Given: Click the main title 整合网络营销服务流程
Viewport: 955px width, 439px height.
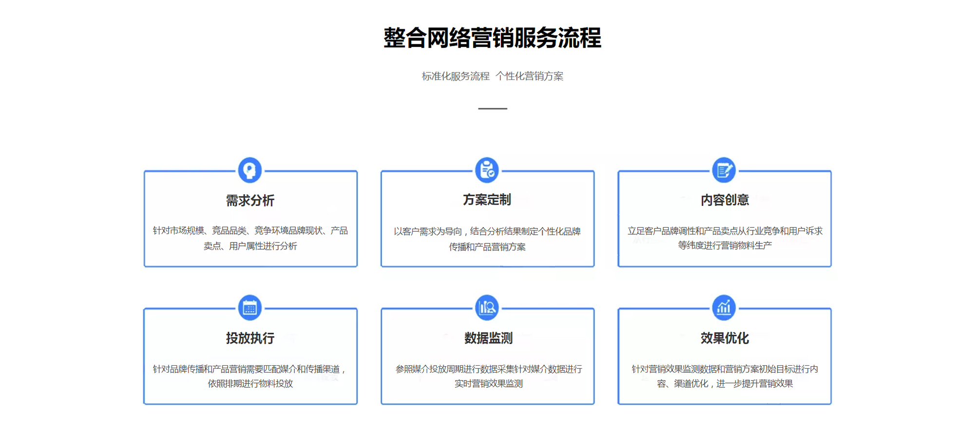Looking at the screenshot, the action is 492,38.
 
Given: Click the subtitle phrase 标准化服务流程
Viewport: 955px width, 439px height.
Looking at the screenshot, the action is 456,76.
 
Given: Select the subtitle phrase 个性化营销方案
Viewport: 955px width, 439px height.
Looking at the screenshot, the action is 530,76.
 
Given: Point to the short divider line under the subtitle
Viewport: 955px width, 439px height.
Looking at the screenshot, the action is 493,108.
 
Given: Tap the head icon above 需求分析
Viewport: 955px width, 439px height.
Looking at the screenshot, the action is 250,170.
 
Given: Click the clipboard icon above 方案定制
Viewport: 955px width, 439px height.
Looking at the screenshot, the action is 487,170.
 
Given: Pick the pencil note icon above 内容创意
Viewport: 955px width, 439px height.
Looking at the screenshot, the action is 724,170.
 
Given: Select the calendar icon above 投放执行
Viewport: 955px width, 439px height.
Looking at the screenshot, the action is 250,308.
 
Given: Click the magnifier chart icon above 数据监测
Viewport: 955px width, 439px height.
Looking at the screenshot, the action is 487,308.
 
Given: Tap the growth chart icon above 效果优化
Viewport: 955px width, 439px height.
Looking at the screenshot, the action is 724,308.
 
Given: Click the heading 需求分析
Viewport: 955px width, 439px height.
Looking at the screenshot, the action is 250,200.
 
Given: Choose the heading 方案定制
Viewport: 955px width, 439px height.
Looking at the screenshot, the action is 487,200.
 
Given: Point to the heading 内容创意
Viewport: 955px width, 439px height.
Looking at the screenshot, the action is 725,200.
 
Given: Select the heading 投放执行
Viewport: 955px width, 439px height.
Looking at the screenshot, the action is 250,338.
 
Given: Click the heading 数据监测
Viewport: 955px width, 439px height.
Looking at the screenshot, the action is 488,338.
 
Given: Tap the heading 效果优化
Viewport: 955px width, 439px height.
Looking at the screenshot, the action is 725,338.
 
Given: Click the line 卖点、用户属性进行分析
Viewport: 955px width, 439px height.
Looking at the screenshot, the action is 250,246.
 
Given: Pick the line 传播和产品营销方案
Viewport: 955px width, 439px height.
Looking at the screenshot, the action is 487,247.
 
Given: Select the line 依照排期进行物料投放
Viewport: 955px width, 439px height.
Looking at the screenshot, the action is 250,383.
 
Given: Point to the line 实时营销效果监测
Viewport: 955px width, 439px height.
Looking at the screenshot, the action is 489,383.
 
